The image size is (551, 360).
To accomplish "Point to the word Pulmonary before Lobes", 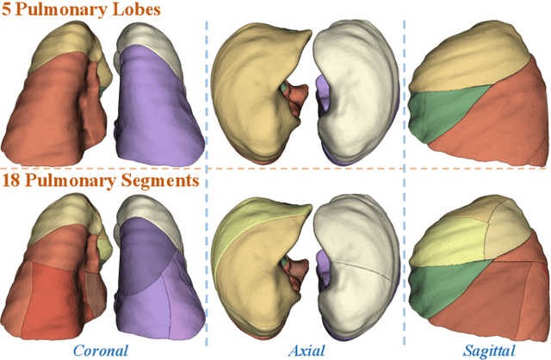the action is click(x=66, y=11).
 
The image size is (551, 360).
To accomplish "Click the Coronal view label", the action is click(x=101, y=350).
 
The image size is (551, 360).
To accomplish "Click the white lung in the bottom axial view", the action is click(x=357, y=258).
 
